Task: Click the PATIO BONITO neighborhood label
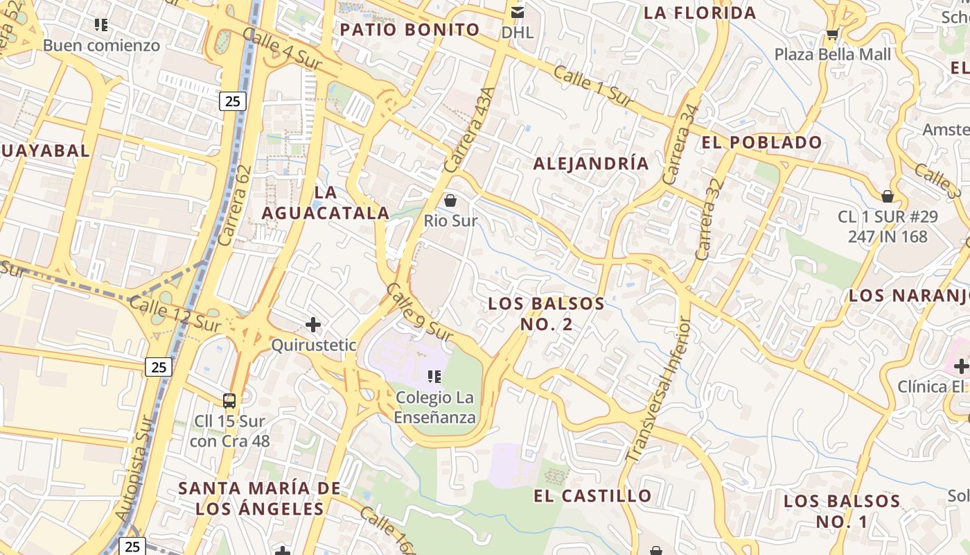[409, 30]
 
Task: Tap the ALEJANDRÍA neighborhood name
[591, 164]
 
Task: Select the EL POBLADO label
[761, 143]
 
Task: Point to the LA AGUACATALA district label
[326, 203]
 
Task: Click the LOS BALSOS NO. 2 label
[546, 314]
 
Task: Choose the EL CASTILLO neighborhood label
[592, 496]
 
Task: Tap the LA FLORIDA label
[700, 13]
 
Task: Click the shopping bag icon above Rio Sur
[450, 201]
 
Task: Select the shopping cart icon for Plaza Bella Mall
[832, 34]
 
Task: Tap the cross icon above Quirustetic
[313, 324]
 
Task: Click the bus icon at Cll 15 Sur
[229, 400]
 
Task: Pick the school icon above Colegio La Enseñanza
[434, 377]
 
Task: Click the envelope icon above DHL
[517, 12]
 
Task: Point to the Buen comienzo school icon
[101, 25]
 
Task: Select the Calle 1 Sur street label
[594, 87]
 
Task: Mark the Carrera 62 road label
[234, 205]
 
